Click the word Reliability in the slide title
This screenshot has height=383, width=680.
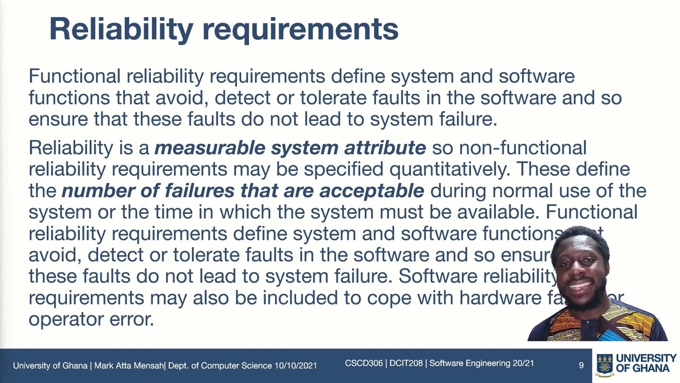(x=121, y=29)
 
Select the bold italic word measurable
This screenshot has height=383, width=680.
(x=210, y=148)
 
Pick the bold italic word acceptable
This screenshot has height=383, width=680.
(x=371, y=190)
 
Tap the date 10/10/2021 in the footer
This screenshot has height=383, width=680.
(x=295, y=365)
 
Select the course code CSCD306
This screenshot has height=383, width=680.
(x=363, y=363)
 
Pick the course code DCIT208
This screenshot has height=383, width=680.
(x=406, y=363)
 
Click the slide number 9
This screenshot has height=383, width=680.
(x=581, y=365)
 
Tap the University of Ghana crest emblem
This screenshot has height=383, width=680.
(x=605, y=364)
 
